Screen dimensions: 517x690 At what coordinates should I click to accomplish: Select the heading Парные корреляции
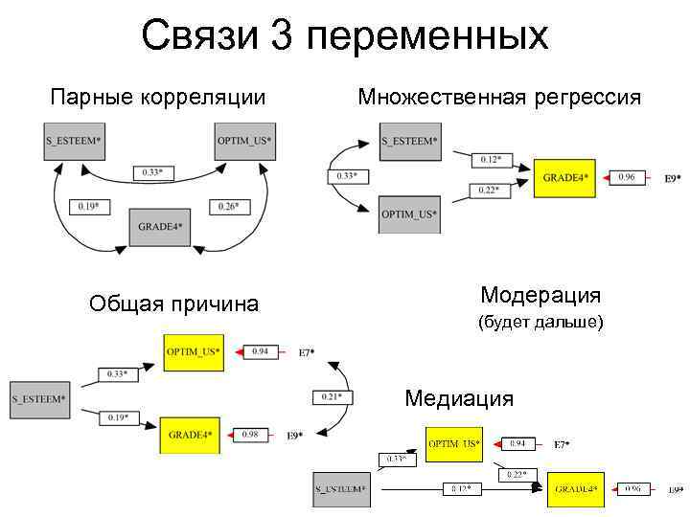(x=157, y=97)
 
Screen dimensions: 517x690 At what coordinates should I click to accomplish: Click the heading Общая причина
(x=173, y=304)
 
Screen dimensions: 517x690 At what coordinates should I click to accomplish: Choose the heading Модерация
(x=540, y=295)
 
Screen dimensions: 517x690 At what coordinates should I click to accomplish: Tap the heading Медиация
(x=459, y=397)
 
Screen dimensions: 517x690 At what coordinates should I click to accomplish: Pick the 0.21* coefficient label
(x=333, y=396)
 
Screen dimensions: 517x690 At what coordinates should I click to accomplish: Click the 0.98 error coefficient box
(x=250, y=435)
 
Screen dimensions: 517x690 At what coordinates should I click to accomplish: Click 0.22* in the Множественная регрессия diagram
(x=489, y=191)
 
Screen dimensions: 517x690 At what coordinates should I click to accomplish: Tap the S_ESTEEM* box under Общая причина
(x=38, y=397)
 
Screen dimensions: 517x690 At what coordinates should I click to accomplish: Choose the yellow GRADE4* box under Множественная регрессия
(x=566, y=177)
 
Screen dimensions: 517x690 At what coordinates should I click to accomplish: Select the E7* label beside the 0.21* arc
(x=307, y=352)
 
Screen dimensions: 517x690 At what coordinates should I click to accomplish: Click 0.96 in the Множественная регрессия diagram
(x=627, y=177)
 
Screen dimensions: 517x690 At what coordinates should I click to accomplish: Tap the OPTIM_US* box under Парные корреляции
(x=244, y=142)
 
